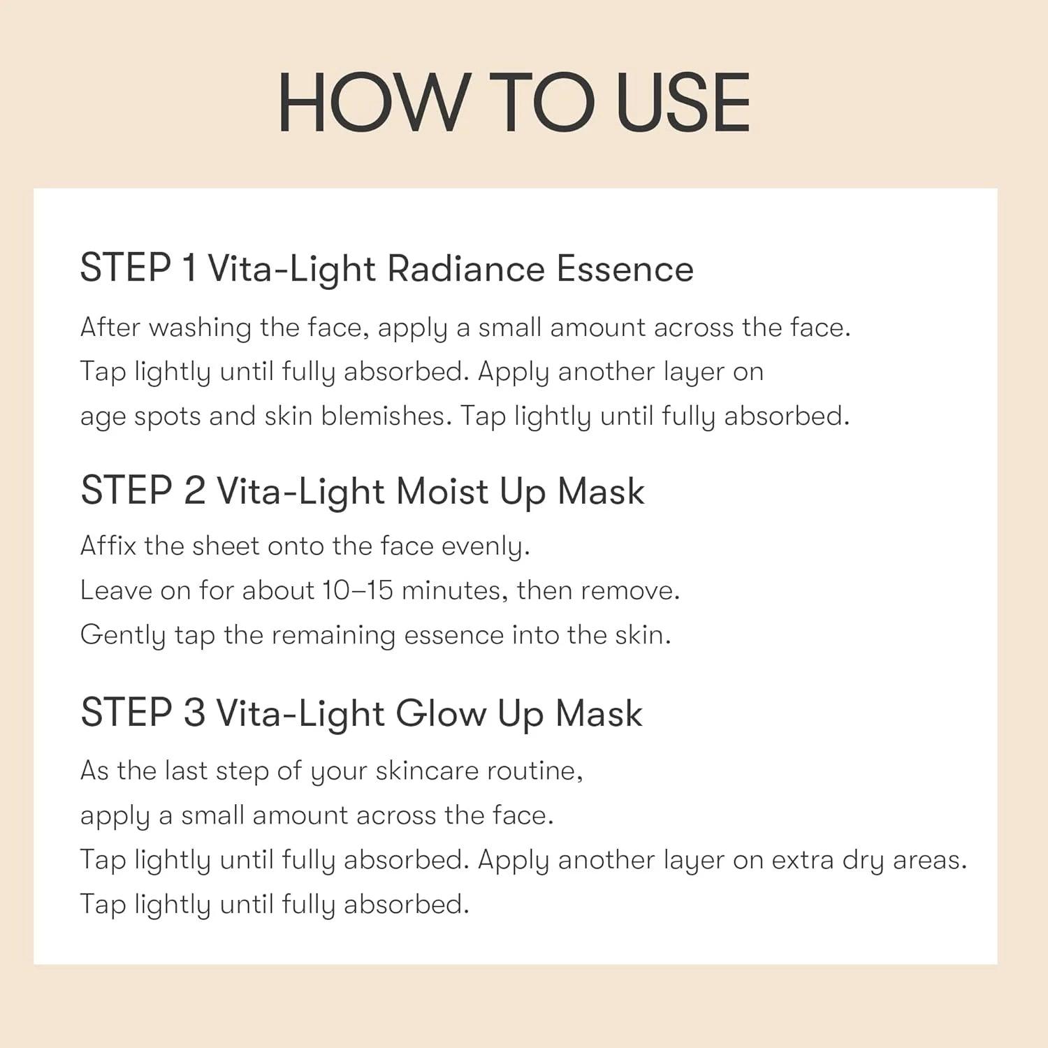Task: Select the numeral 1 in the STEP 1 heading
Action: tap(188, 268)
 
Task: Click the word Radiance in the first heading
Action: tap(465, 269)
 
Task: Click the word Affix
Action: tap(108, 545)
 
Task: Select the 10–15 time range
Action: tap(357, 591)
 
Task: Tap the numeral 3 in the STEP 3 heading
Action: tap(194, 713)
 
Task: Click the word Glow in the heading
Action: tap(441, 713)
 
